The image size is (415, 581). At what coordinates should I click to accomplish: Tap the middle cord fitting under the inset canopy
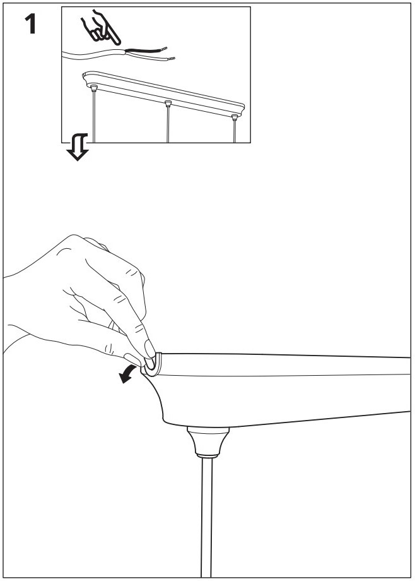click(x=168, y=103)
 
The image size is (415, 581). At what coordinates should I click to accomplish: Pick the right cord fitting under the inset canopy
click(x=235, y=117)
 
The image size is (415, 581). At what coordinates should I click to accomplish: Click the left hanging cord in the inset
click(x=93, y=117)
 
